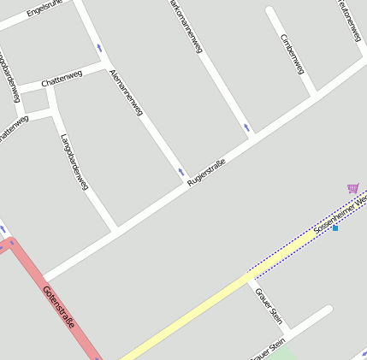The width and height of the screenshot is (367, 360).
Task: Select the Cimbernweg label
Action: (293, 53)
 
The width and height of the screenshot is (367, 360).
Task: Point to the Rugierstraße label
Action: (206, 173)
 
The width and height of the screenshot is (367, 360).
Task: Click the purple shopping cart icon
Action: (352, 188)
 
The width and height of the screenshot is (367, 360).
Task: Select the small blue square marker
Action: (335, 228)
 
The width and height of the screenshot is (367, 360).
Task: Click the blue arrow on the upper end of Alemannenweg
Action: (99, 48)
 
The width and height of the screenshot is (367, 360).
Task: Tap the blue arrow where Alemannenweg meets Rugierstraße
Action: (181, 173)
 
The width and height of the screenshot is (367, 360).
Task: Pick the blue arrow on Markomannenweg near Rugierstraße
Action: (247, 127)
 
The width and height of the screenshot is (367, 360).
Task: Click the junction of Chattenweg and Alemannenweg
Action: (106, 65)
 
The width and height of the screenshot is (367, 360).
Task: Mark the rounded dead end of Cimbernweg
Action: (271, 12)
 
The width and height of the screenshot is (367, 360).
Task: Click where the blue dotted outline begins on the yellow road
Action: (249, 275)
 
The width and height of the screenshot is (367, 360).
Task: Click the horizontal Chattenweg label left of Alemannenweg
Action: (62, 78)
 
